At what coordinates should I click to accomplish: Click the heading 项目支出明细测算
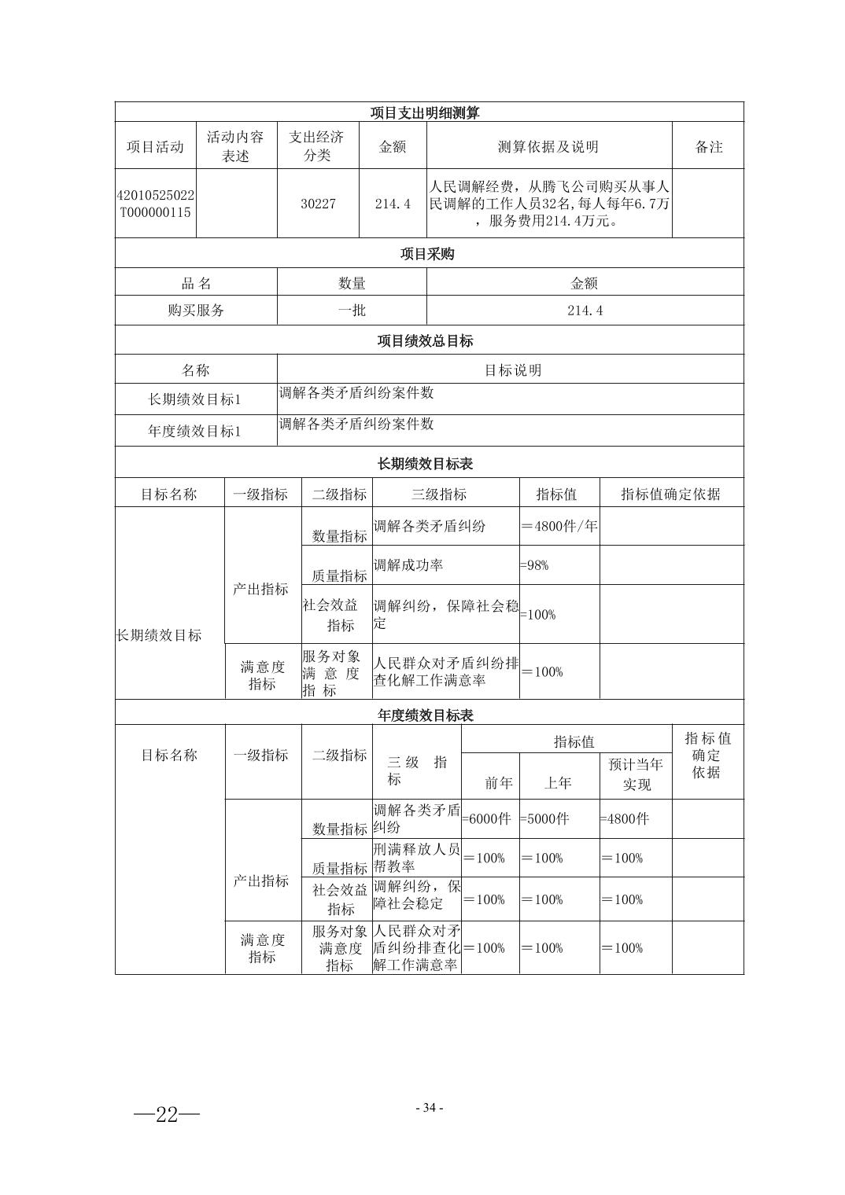(x=425, y=112)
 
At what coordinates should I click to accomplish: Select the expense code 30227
(x=318, y=204)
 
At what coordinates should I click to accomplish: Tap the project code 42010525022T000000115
(x=155, y=204)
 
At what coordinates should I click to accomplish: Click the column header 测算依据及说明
(x=548, y=146)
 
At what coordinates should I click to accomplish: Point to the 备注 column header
(x=708, y=146)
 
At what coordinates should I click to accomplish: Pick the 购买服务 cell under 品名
(x=196, y=311)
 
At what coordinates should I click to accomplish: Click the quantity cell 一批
(x=352, y=311)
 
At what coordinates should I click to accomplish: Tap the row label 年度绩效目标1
(x=195, y=431)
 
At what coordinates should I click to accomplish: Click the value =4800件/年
(x=559, y=526)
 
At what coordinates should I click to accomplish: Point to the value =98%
(x=534, y=565)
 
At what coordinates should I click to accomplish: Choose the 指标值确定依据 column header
(x=670, y=494)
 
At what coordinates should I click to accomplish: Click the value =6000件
(x=487, y=818)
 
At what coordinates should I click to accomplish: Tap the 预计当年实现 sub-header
(x=636, y=774)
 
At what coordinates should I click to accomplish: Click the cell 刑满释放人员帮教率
(x=416, y=858)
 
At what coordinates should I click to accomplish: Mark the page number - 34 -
(x=429, y=1108)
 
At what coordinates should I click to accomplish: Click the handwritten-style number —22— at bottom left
(x=167, y=1114)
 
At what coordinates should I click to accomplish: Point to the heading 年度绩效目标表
(x=426, y=715)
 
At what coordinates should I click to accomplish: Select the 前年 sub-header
(x=499, y=783)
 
